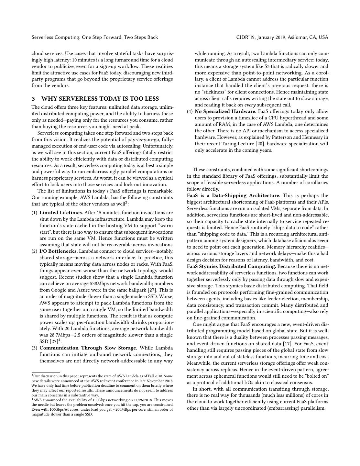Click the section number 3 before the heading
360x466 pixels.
coord(33,99)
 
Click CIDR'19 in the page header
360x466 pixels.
coord(245,37)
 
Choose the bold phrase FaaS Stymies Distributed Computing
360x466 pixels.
coord(231,266)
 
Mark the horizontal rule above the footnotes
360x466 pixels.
coord(46,372)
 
